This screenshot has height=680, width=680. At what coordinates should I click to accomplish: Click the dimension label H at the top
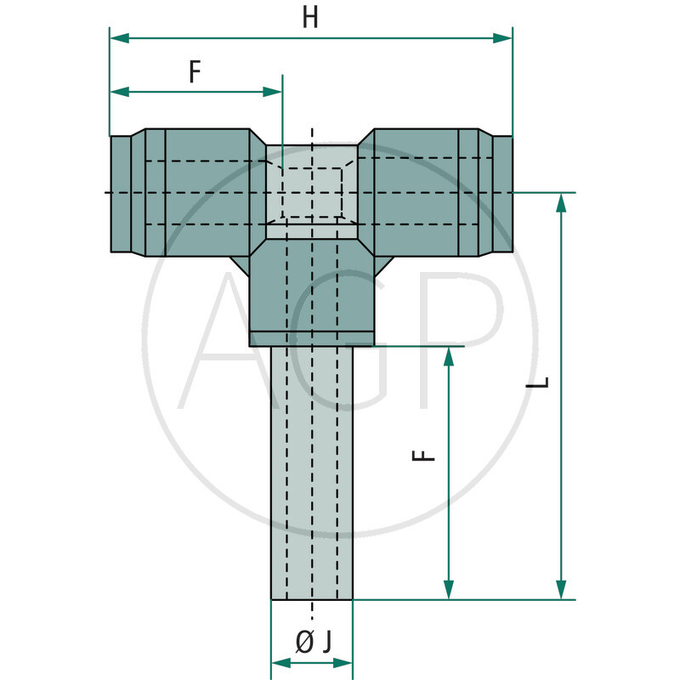(x=311, y=18)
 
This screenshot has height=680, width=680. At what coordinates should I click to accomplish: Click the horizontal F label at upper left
(x=195, y=72)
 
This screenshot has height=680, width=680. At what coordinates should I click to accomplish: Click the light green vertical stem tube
(x=311, y=476)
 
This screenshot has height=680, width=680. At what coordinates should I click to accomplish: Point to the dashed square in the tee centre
(x=312, y=192)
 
